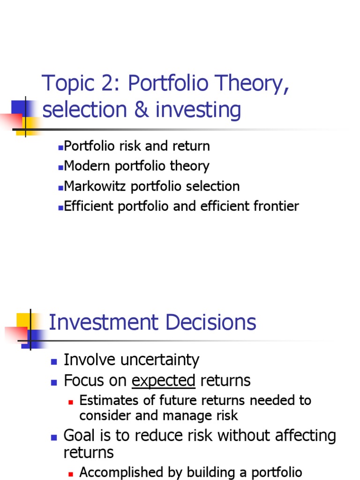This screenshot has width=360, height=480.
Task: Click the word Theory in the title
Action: coord(249,84)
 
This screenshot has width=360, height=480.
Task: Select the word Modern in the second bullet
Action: coord(83,166)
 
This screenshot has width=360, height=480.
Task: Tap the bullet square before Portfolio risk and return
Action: coord(61,147)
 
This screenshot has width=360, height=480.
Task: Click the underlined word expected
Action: coord(164,381)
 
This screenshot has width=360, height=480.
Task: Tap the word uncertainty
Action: coord(160,360)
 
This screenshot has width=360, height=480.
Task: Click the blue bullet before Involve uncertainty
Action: coord(54,361)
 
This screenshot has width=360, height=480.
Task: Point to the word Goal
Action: coord(80,435)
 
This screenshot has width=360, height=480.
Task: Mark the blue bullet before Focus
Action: coord(54,382)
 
